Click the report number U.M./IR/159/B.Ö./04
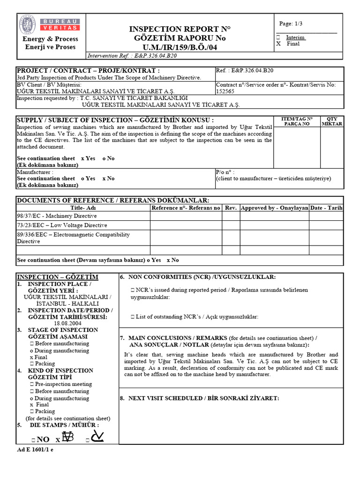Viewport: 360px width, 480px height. tap(180, 47)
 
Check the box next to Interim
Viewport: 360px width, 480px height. tap(279, 37)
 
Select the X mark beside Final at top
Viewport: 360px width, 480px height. tap(279, 44)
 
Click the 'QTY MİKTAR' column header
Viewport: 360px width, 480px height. tap(332, 121)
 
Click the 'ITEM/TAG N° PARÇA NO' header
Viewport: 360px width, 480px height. tap(297, 121)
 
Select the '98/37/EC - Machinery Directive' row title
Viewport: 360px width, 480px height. tap(57, 216)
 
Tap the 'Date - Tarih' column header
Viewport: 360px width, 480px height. tap(326, 208)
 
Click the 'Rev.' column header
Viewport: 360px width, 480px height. tap(231, 208)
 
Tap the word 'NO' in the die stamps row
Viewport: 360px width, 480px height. tap(43, 439)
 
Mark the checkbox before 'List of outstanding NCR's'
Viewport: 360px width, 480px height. tap(133, 317)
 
